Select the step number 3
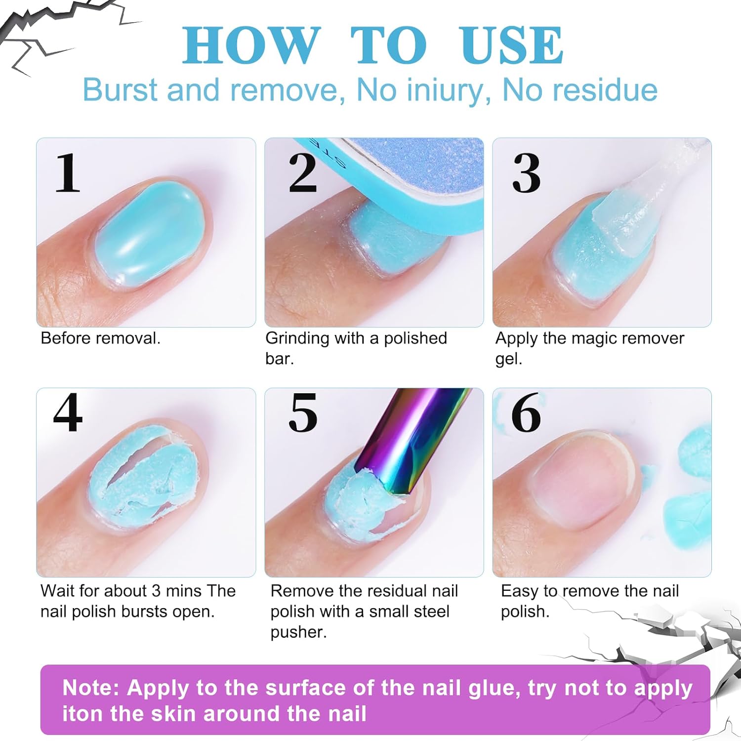[527, 173]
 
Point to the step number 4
[68, 413]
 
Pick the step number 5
[303, 413]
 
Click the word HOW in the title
[251, 45]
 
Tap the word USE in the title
[511, 45]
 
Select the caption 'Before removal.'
[101, 338]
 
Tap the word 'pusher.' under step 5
[298, 633]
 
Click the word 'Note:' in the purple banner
[91, 688]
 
